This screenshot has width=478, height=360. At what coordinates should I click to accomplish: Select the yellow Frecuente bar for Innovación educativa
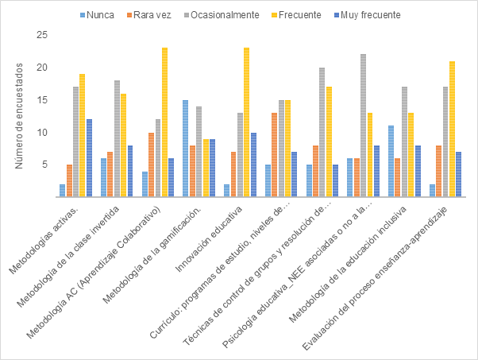(x=247, y=122)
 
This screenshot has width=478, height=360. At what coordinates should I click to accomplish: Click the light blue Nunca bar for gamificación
(x=185, y=149)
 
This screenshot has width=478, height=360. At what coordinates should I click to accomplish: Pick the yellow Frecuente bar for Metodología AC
(x=164, y=122)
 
